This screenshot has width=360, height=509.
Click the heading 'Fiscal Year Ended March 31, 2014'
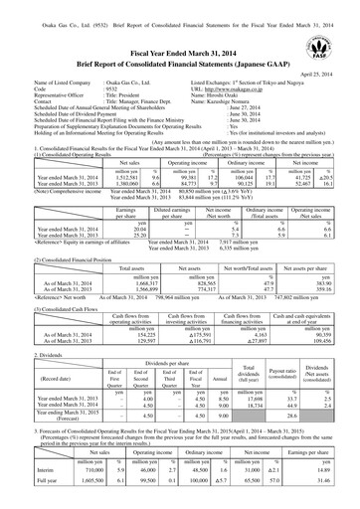click(180, 54)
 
